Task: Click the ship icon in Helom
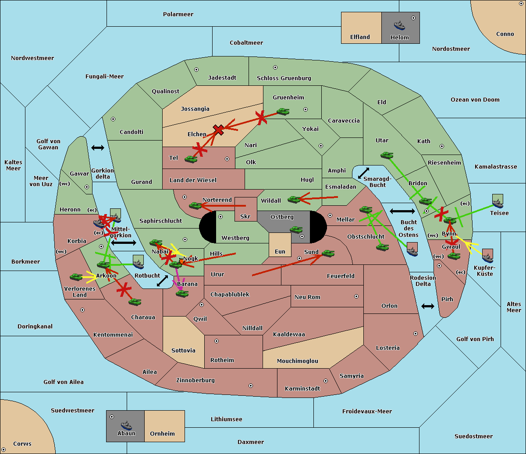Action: coord(399,25)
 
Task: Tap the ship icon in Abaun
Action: coord(126,425)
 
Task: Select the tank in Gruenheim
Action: coord(283,112)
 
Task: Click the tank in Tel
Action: coord(191,159)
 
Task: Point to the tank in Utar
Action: coord(387,155)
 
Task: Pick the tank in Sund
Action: coord(328,253)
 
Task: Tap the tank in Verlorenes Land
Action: coord(76,277)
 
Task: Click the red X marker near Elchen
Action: coord(218,130)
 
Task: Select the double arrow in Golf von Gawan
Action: coord(97,148)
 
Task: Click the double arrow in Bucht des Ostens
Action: coord(402,211)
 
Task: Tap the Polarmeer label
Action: coord(178,14)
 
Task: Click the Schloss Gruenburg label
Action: coord(284,78)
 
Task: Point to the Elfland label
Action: coord(360,37)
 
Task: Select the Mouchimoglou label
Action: coord(297,361)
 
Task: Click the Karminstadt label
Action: coord(302,389)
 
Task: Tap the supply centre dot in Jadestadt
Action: coord(196,70)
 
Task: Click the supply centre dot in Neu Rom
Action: coord(356,296)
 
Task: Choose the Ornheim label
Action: coord(162,434)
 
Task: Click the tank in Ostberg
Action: coord(296,229)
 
